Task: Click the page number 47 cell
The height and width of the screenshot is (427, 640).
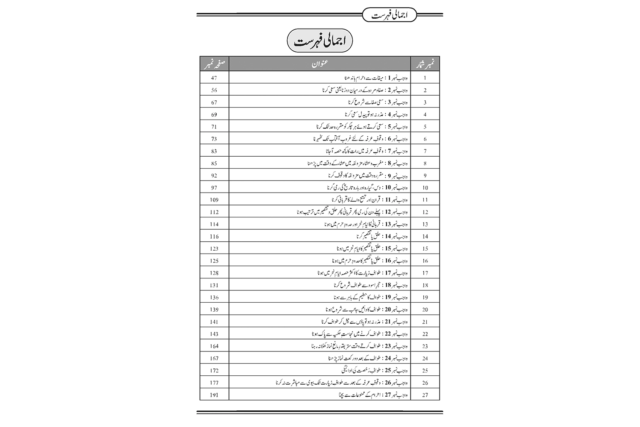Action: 214,78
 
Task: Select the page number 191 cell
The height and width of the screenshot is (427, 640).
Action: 214,395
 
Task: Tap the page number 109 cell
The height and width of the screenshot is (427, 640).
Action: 214,200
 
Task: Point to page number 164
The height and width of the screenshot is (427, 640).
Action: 214,346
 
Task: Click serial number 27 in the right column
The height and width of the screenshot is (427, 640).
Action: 425,395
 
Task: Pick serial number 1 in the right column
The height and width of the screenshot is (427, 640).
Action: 425,78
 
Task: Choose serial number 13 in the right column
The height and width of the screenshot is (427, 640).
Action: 425,224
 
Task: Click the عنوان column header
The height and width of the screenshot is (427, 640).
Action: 319,64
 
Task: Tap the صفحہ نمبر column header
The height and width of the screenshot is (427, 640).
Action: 214,64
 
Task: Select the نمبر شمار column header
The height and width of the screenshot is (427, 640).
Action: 425,64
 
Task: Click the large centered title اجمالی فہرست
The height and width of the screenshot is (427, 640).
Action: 320,41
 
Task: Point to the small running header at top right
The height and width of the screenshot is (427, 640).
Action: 389,15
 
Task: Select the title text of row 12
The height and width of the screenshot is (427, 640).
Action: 352,212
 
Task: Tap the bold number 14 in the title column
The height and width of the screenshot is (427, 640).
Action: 388,236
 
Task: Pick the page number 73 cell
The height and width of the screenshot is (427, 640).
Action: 214,139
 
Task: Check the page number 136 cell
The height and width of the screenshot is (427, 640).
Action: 214,298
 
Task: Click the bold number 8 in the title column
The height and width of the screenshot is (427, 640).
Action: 390,163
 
